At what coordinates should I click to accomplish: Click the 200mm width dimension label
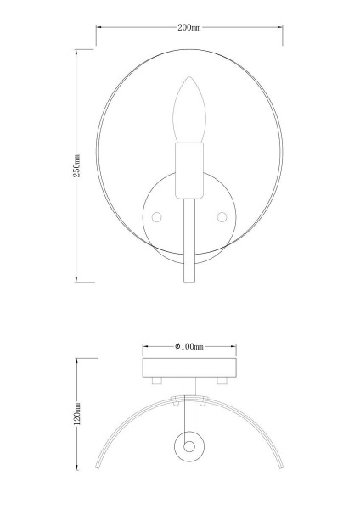[189, 29]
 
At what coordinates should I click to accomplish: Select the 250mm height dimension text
[77, 166]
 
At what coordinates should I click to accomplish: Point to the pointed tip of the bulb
[189, 80]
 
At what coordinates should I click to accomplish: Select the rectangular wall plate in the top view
[189, 367]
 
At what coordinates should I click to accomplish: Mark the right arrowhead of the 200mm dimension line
[281, 29]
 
